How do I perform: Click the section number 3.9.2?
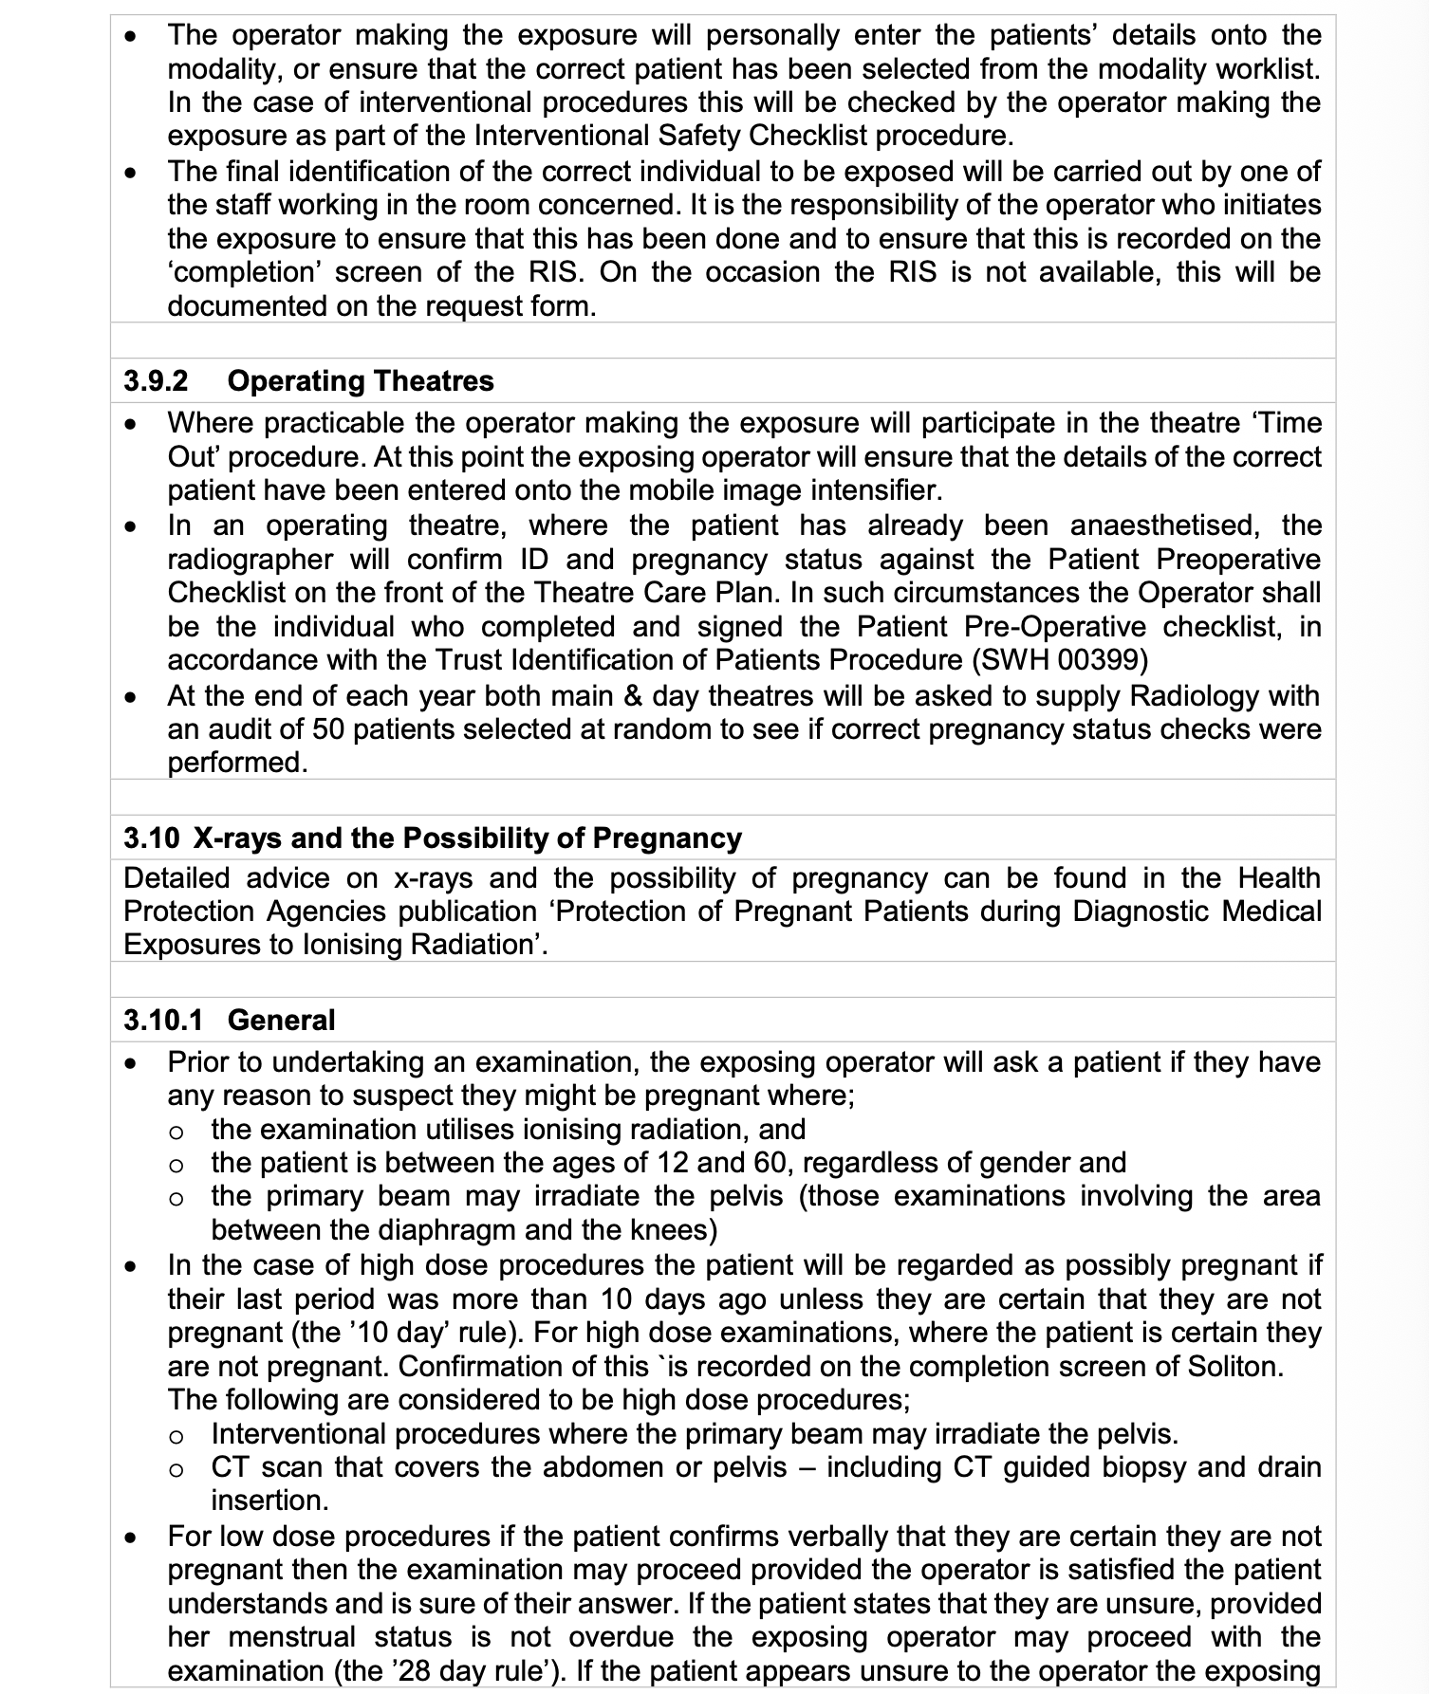pyautogui.click(x=156, y=381)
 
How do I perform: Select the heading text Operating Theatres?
pyautogui.click(x=361, y=381)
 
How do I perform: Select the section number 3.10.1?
pyautogui.click(x=163, y=1021)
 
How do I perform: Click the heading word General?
pyautogui.click(x=282, y=1021)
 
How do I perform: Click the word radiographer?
pyautogui.click(x=251, y=560)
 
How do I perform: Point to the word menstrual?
pyautogui.click(x=292, y=1637)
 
